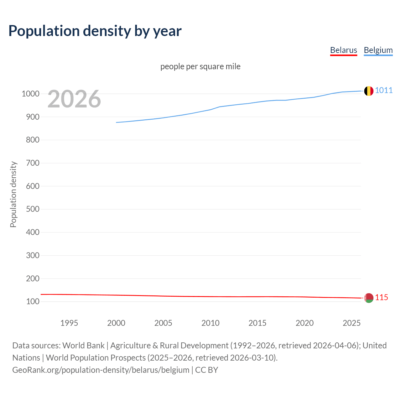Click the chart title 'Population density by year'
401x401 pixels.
click(x=95, y=31)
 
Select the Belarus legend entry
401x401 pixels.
click(x=343, y=50)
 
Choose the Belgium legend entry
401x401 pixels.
click(x=378, y=50)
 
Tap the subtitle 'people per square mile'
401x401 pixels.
click(x=200, y=66)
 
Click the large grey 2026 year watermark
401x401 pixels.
click(x=74, y=99)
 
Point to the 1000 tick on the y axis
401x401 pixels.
click(x=30, y=94)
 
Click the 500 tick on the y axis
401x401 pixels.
click(x=33, y=209)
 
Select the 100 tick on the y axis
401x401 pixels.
click(x=33, y=301)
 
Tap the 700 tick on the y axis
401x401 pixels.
click(x=33, y=163)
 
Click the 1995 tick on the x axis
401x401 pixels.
click(x=69, y=323)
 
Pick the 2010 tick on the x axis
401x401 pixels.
click(x=210, y=323)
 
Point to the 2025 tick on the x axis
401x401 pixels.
click(x=352, y=323)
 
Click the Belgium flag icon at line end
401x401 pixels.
click(x=369, y=91)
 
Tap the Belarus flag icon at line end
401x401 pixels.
click(x=369, y=298)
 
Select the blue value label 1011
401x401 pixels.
click(x=384, y=90)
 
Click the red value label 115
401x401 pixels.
click(x=382, y=297)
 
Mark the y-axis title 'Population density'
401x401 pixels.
click(x=13, y=194)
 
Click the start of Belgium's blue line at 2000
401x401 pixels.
click(x=117, y=122)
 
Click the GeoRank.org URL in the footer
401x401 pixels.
click(x=101, y=370)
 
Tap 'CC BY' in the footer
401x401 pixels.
click(x=206, y=370)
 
